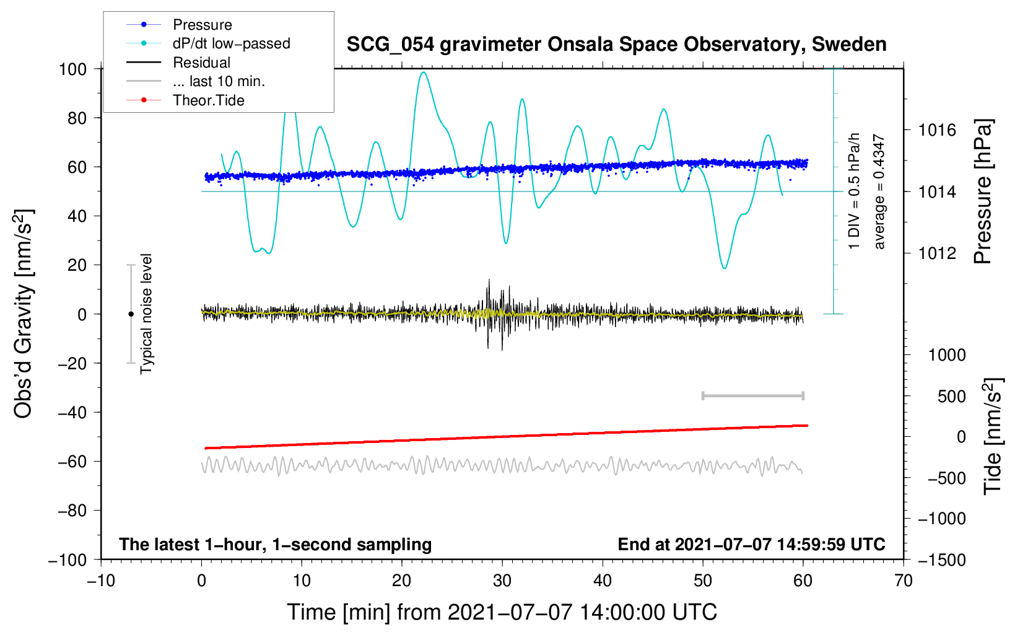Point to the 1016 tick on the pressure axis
(x=937, y=131)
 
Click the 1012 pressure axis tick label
(x=937, y=253)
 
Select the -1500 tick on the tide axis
(x=941, y=560)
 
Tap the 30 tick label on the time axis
(x=502, y=581)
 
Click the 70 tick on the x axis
(x=903, y=581)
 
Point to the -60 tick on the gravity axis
(x=72, y=462)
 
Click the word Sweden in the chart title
(x=849, y=45)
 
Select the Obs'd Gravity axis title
(x=24, y=314)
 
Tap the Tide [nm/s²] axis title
(x=993, y=436)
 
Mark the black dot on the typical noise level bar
(x=131, y=314)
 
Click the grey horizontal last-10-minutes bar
(x=752, y=396)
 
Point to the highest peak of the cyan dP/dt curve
(x=423, y=72)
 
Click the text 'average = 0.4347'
(x=879, y=191)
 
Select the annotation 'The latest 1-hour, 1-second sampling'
(x=276, y=545)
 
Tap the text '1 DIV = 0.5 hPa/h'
(x=853, y=191)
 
